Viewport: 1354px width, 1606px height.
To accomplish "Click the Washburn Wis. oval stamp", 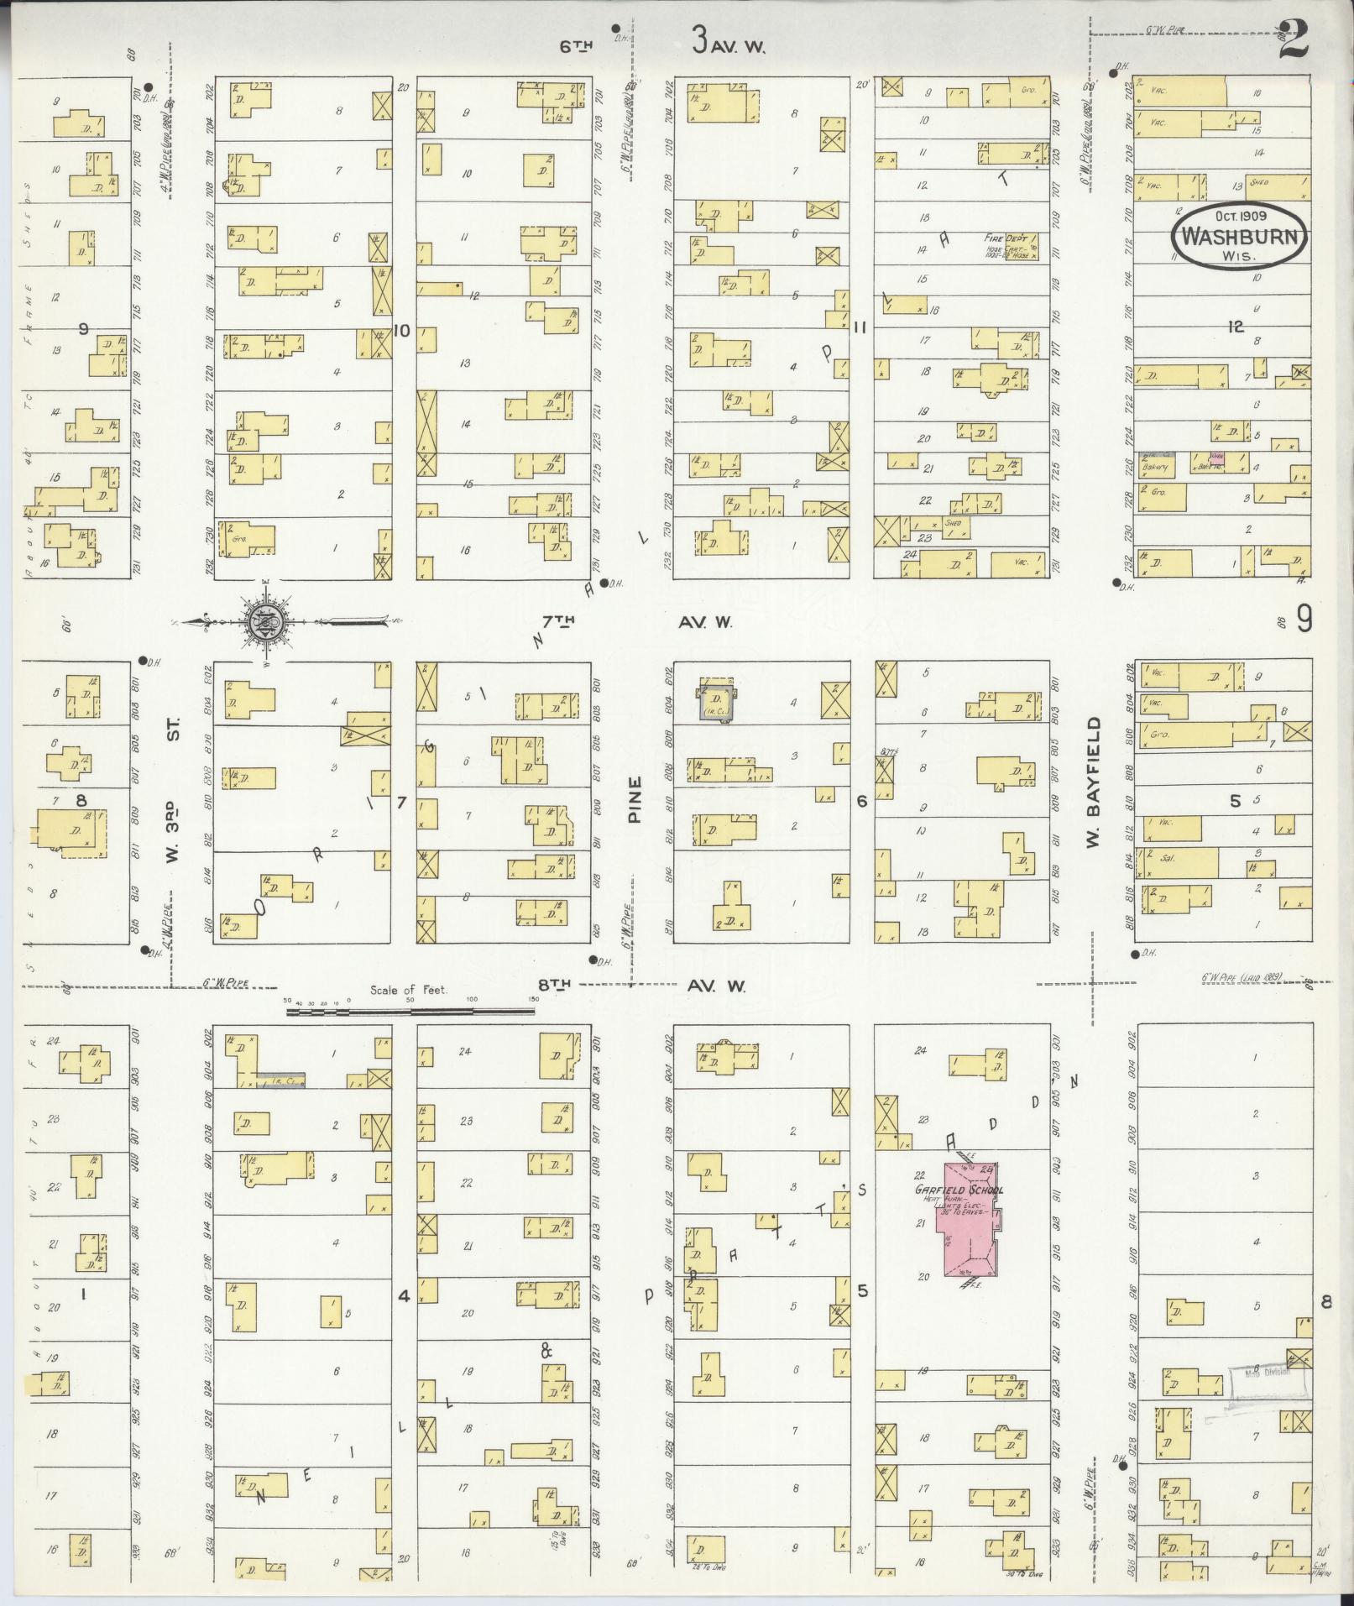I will [x=1240, y=236].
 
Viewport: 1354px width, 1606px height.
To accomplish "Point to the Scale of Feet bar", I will [x=410, y=1012].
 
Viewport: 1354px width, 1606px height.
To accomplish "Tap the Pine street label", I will [x=634, y=799].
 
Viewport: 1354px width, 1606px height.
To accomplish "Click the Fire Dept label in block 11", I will [x=1004, y=238].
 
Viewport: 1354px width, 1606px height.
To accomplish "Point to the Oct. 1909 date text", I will [x=1239, y=216].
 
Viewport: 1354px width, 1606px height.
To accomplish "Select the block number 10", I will [x=401, y=331].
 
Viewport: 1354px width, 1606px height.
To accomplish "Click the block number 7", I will [x=401, y=803].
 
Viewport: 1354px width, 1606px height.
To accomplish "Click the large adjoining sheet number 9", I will [x=1304, y=621].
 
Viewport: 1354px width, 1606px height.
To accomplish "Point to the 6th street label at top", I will [x=576, y=47].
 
